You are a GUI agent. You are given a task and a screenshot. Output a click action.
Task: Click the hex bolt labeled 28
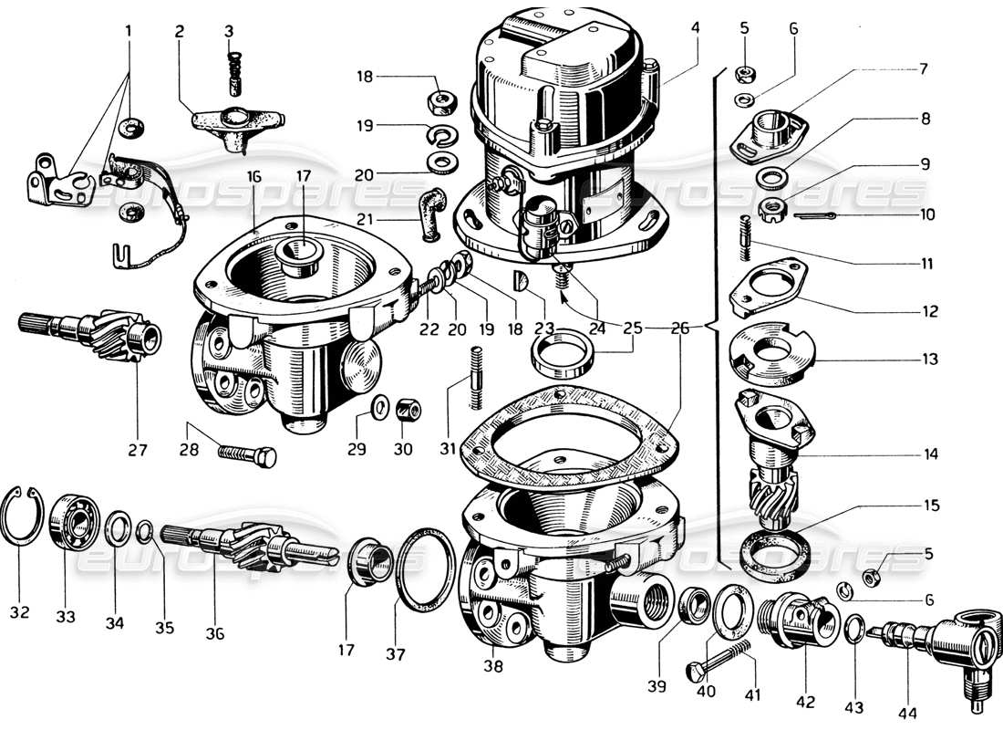(x=247, y=452)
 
